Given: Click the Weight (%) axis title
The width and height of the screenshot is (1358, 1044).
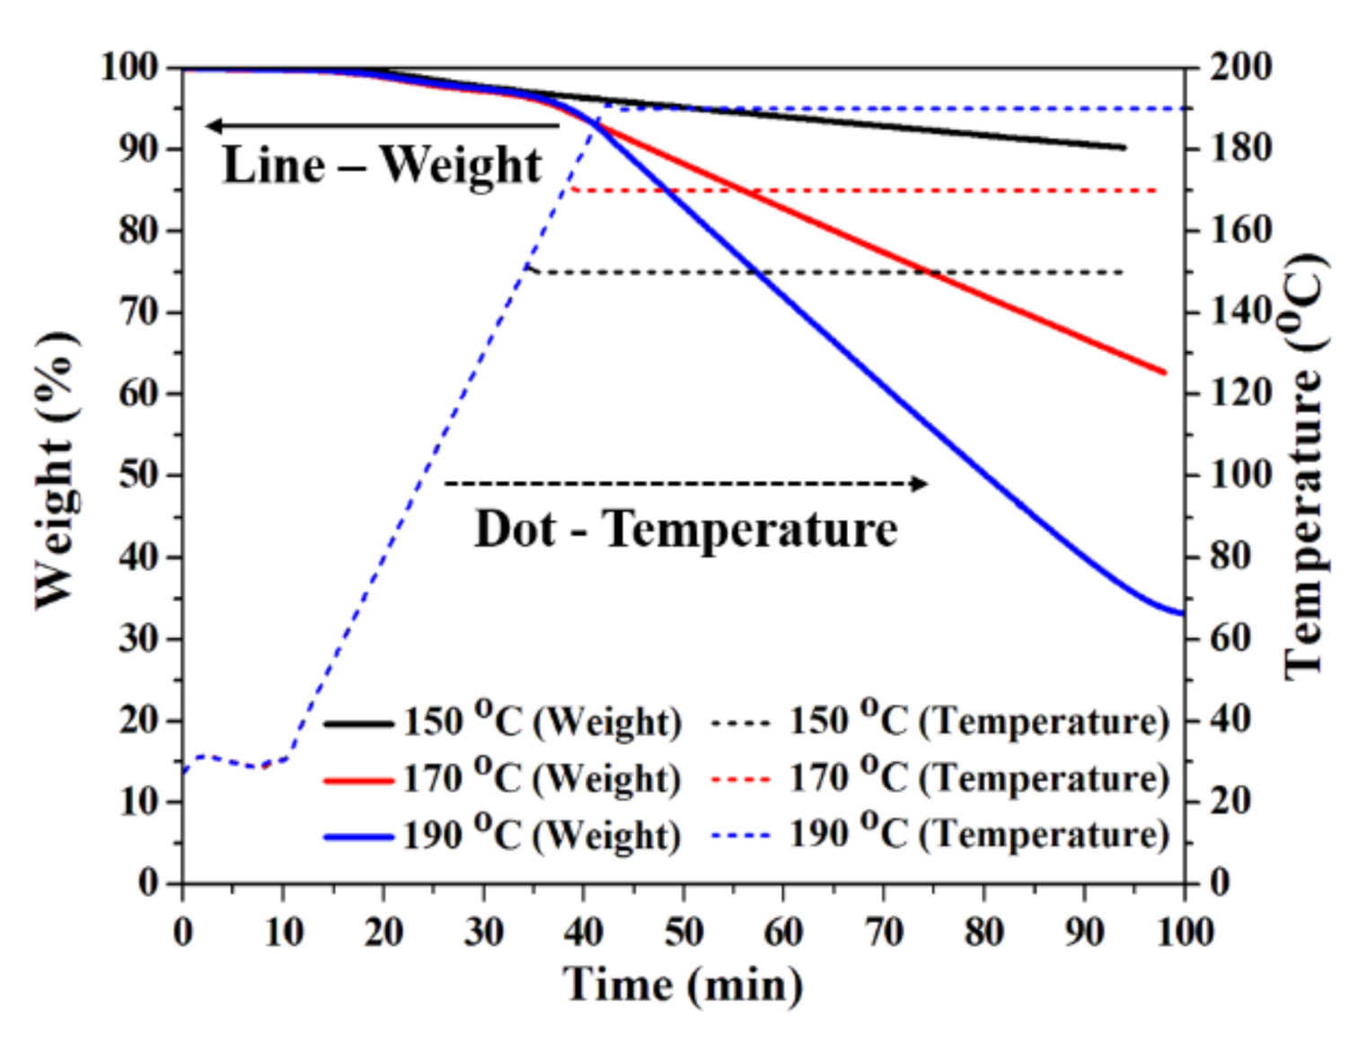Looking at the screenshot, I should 56,470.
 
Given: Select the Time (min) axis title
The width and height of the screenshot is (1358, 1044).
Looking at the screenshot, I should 683,985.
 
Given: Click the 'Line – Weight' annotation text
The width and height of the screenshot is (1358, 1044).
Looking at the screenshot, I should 382,165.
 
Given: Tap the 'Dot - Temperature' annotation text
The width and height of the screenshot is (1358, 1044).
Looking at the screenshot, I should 685,529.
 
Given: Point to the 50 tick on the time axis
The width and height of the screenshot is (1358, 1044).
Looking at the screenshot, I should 683,932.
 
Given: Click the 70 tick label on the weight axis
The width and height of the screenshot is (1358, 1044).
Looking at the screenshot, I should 139,312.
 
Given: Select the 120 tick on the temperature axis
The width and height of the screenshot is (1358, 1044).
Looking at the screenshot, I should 1240,393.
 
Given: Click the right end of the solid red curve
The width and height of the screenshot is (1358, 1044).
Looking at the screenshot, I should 1165,373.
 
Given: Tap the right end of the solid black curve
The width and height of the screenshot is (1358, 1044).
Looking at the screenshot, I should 1124,147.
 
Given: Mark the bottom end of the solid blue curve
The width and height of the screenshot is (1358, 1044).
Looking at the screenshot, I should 1183,614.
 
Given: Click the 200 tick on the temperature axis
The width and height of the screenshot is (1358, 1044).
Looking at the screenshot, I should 1240,67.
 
